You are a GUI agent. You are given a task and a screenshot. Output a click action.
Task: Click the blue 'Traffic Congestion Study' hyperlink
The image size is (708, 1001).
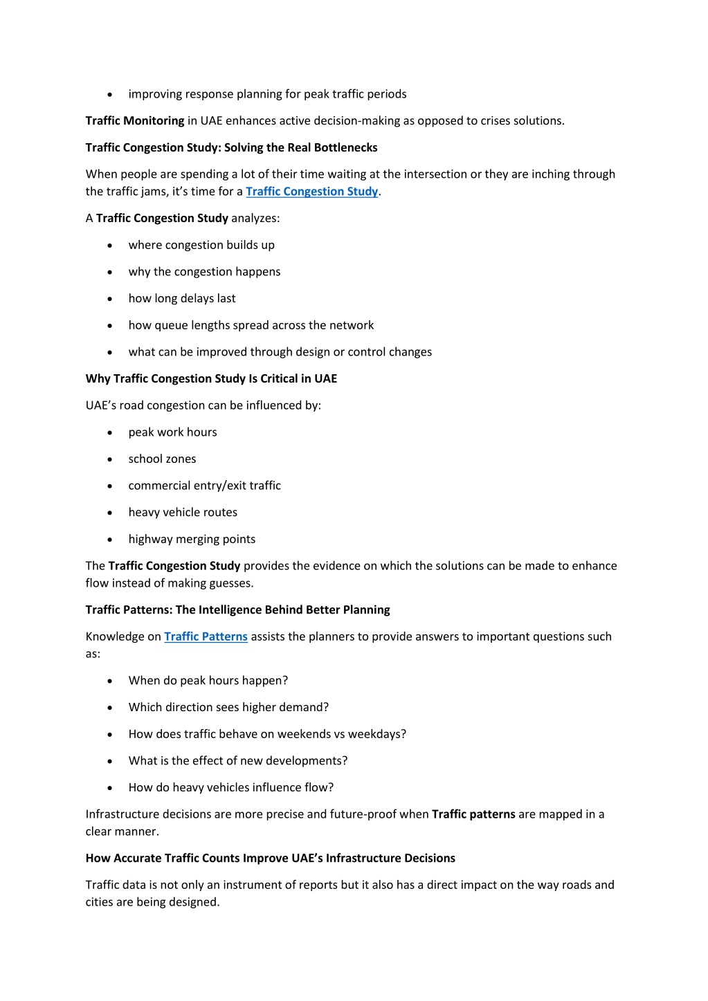coord(311,192)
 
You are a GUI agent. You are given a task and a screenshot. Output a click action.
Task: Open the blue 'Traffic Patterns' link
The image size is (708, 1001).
coord(206,636)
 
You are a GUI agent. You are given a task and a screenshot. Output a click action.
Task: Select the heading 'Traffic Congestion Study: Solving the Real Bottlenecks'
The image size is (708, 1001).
coord(231,147)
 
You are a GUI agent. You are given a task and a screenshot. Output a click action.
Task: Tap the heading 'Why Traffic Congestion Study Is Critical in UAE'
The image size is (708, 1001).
coord(211,378)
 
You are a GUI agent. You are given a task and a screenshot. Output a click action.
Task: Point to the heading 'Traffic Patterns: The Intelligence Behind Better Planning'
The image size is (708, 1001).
coord(237,609)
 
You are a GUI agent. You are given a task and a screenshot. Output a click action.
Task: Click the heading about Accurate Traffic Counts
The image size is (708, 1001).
coord(270,858)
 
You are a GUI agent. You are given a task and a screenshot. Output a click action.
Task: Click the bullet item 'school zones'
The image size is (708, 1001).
coord(162,459)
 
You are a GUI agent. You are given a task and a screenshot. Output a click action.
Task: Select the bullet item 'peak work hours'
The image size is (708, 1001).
coord(172,432)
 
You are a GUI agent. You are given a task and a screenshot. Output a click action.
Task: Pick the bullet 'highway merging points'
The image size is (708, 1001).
coord(192,539)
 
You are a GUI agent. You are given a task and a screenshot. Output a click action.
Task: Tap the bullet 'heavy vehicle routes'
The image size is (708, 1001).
coord(183,513)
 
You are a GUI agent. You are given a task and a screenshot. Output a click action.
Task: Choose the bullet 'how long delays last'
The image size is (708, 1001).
coord(182,298)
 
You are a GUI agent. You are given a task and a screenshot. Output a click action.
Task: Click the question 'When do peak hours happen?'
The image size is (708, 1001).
coord(208,681)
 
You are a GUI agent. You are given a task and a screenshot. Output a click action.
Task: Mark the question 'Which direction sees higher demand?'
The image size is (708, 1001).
coord(228,707)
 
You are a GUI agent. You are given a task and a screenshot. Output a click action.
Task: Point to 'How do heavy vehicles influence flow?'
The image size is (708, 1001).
coord(230,787)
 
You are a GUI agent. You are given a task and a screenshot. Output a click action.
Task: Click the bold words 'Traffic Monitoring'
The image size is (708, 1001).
coord(135,121)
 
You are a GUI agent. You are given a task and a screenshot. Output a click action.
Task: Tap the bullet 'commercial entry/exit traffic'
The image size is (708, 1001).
coord(204,486)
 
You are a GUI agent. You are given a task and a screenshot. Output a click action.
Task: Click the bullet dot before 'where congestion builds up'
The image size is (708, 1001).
coord(110,246)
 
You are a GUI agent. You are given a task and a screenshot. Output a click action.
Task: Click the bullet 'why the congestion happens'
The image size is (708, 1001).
coord(204,272)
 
